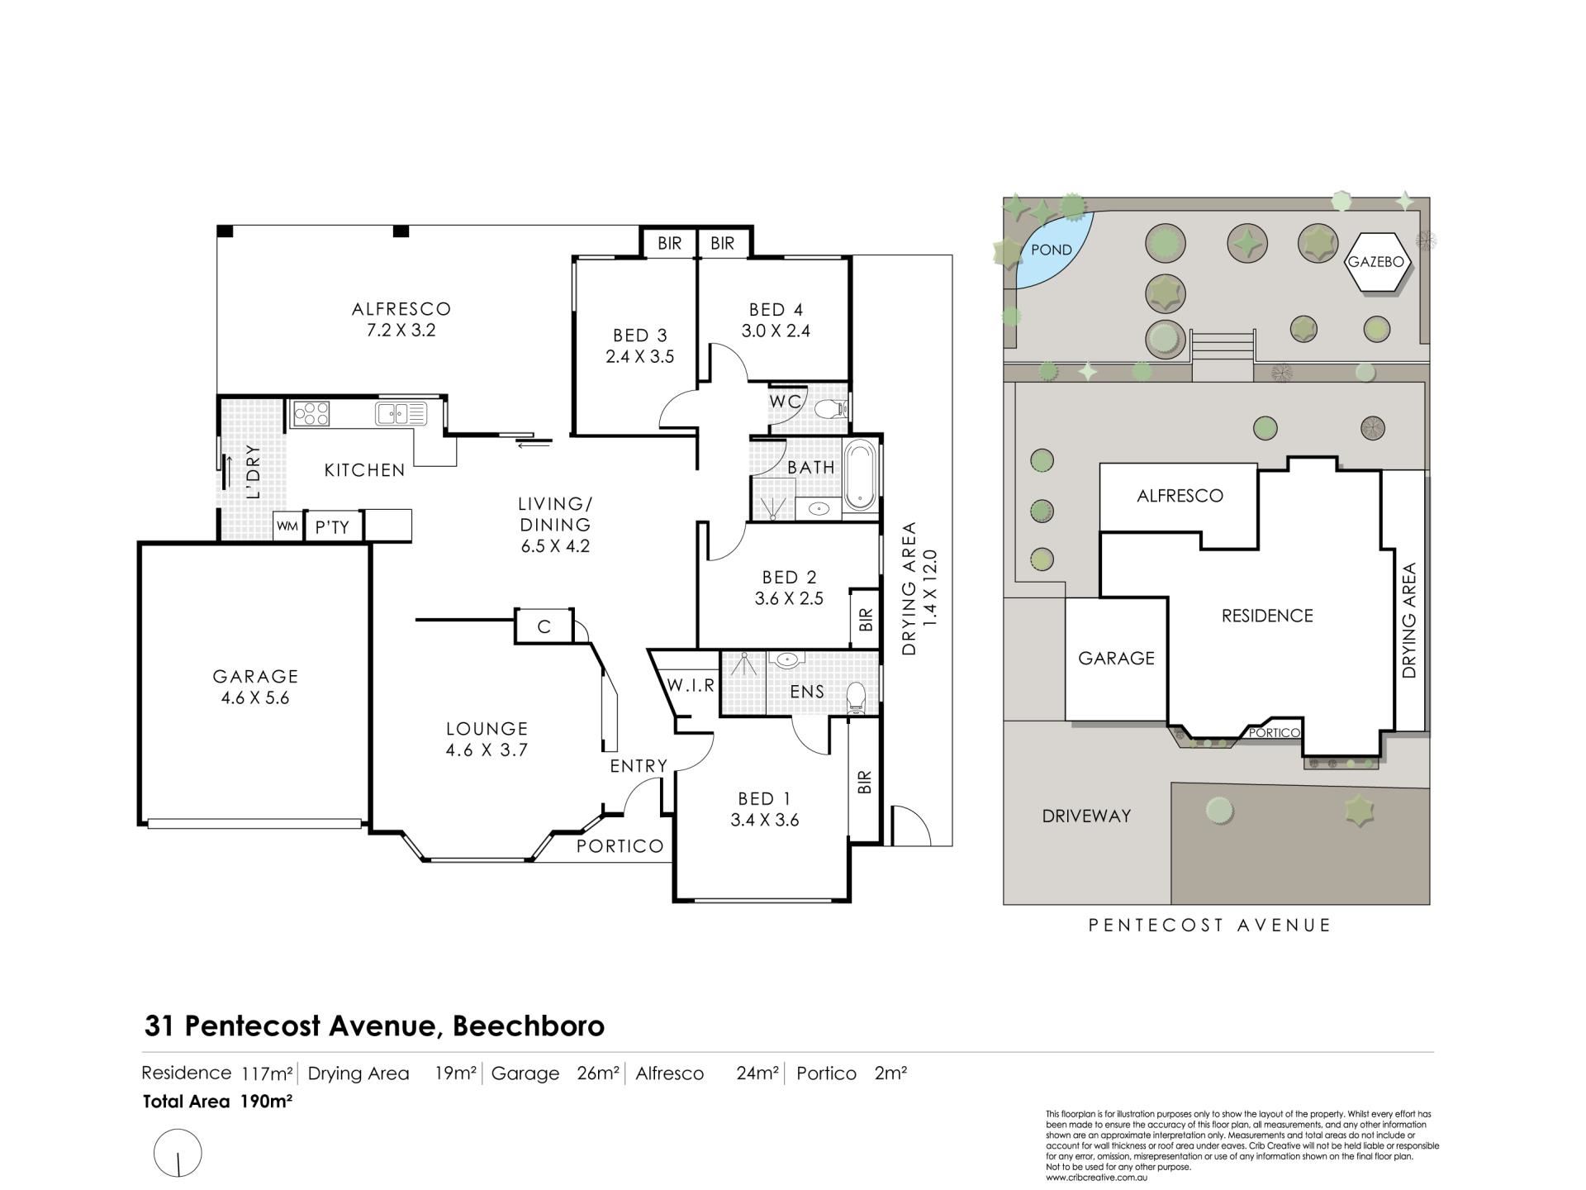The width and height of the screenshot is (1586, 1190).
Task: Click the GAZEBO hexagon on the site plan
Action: pos(1375,261)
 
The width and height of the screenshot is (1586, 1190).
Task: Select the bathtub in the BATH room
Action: pos(860,475)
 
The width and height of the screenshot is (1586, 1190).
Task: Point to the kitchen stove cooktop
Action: pos(311,413)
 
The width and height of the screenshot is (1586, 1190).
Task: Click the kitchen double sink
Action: pos(401,412)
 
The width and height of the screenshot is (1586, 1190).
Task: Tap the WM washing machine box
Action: pos(287,526)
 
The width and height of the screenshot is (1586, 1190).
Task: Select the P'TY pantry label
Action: pos(332,527)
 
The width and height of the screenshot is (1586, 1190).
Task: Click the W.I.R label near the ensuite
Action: pos(691,686)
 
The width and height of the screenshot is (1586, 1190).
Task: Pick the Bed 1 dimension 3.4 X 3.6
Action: pos(764,821)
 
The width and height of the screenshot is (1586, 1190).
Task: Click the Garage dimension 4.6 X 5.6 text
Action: pos(255,697)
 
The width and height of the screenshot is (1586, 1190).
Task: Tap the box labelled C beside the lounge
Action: pos(544,626)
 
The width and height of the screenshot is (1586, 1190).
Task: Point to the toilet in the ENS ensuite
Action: pos(857,698)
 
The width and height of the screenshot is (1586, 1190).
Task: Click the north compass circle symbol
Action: pos(178,1152)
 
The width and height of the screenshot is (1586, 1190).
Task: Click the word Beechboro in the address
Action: pos(529,1026)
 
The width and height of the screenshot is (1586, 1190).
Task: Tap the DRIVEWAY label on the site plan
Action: pos(1086,816)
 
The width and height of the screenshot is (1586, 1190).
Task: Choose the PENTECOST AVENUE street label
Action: pos(1210,926)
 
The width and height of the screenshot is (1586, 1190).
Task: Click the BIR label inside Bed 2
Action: pos(866,620)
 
